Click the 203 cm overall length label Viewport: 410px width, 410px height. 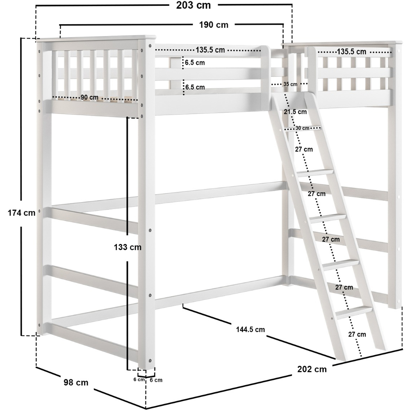click(x=193, y=5)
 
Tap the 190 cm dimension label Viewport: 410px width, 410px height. click(x=214, y=25)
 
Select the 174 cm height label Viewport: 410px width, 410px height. click(x=21, y=213)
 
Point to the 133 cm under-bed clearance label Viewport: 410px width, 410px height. click(x=128, y=247)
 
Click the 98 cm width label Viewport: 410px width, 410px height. click(x=76, y=383)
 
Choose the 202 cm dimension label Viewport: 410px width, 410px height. click(x=312, y=369)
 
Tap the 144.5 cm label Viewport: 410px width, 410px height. click(x=251, y=330)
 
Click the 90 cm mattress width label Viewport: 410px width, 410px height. click(x=89, y=97)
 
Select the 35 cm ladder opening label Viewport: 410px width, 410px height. click(x=290, y=84)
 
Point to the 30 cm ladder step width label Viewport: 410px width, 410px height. click(x=303, y=128)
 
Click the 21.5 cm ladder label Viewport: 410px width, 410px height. click(x=295, y=112)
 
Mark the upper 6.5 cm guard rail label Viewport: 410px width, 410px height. click(x=195, y=63)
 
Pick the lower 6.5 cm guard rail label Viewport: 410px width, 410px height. click(x=195, y=87)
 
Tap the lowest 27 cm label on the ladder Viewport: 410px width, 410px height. click(x=357, y=334)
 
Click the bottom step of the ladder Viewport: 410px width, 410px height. click(x=354, y=312)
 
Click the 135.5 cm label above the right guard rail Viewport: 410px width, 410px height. click(x=351, y=52)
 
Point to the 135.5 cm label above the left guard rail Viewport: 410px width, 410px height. click(x=210, y=50)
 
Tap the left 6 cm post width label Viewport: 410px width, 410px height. click(x=139, y=379)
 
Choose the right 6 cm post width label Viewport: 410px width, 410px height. click(x=156, y=380)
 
